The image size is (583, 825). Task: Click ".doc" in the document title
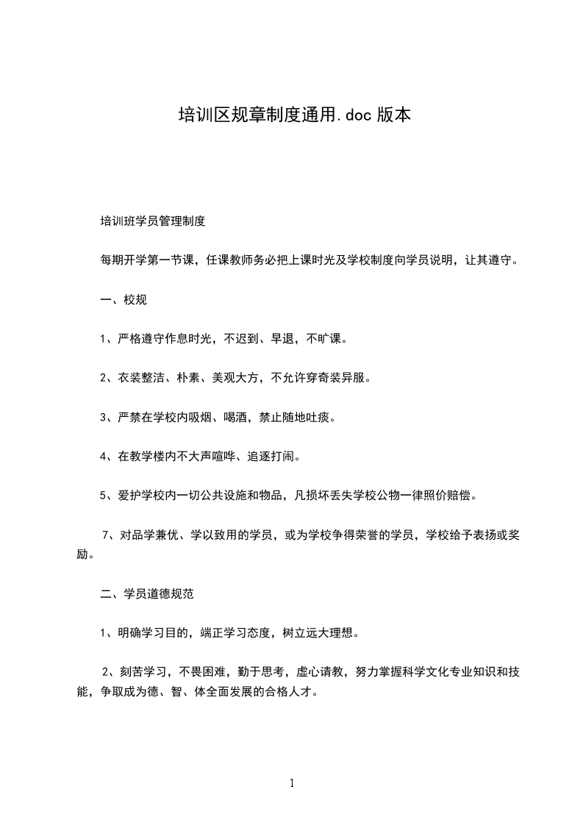click(x=354, y=115)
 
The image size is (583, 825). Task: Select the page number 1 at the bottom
click(x=292, y=783)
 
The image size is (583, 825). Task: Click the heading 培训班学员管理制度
click(x=152, y=220)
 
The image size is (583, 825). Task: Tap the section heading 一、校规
click(x=124, y=299)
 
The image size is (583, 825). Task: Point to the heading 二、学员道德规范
click(x=147, y=592)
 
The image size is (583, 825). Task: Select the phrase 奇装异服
click(x=341, y=378)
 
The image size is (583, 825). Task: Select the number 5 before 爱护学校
click(x=104, y=495)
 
